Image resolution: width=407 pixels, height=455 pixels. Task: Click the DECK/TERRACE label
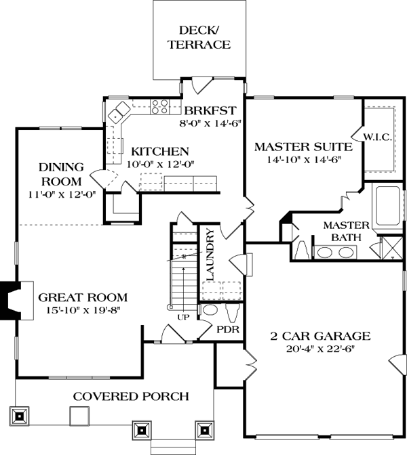[x=205, y=37]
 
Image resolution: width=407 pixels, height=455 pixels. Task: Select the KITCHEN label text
[x=160, y=151]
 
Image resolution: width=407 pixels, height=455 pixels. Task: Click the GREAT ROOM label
[x=83, y=297]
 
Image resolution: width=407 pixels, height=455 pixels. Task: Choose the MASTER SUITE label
[x=303, y=146]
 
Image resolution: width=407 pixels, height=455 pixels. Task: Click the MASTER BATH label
[x=345, y=231]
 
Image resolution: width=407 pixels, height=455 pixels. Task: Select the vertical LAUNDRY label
[x=210, y=256]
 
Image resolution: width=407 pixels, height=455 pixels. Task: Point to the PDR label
[x=226, y=331]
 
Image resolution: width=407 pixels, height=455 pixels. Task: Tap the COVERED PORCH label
[x=131, y=396]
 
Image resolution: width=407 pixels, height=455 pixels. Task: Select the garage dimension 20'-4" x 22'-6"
[x=322, y=349]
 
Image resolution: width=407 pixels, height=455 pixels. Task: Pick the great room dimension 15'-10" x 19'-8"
[x=83, y=311]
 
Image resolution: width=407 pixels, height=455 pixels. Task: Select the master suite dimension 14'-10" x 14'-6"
[x=303, y=160]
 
